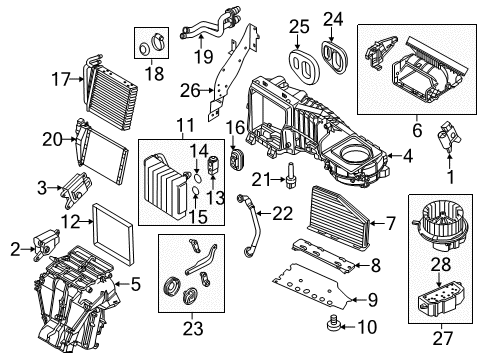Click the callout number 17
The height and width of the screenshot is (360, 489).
coord(61,79)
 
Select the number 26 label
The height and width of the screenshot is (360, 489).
coord(190,90)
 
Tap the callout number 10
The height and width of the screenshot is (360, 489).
coord(367,327)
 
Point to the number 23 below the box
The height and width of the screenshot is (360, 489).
coord(193,328)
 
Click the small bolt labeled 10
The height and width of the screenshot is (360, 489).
coord(332,324)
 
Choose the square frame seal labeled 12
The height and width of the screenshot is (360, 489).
coord(113,233)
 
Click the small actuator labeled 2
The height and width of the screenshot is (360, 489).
coord(47,243)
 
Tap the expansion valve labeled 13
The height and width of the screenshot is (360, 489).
coord(213,164)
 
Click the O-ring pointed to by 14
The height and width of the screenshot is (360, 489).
coord(197,179)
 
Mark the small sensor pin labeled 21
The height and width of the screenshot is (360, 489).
coord(290,175)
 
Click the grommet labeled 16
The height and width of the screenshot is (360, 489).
coord(237,159)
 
